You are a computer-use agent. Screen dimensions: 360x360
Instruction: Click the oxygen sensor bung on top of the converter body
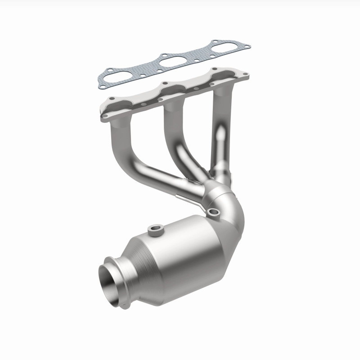click(x=156, y=230)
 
